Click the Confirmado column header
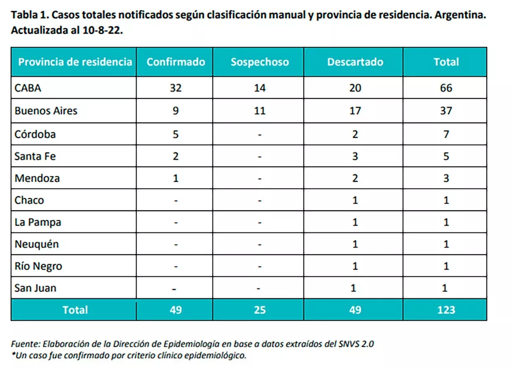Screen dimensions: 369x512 tap(176, 62)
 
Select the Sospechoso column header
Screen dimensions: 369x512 tap(260, 62)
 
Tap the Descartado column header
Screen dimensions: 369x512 tap(355, 62)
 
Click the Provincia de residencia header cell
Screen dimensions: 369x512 tap(75, 62)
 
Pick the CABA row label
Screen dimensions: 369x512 tap(28, 88)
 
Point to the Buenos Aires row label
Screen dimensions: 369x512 tap(46, 111)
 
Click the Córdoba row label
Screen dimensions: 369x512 tap(35, 134)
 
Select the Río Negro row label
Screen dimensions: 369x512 tap(38, 266)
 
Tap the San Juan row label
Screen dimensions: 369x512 tap(35, 288)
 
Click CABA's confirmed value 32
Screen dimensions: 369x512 tap(176, 88)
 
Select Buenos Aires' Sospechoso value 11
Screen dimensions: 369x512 tap(260, 111)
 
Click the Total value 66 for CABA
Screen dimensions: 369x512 tap(446, 88)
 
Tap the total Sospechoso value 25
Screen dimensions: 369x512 tap(260, 310)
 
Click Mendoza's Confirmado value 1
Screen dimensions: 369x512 tap(176, 178)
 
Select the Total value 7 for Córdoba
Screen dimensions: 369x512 tap(446, 134)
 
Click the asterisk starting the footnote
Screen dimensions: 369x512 tap(14, 354)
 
